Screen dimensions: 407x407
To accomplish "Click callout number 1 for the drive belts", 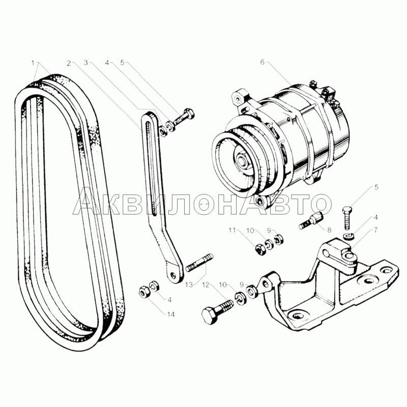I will point(33,63).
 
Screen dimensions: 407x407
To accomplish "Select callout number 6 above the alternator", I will point(262,63).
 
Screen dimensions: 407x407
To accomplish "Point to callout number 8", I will point(321,230).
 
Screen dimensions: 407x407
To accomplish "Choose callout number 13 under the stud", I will point(189,284).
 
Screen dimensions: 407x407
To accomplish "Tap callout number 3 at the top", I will point(86,63).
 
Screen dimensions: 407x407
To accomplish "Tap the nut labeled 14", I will point(144,292).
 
